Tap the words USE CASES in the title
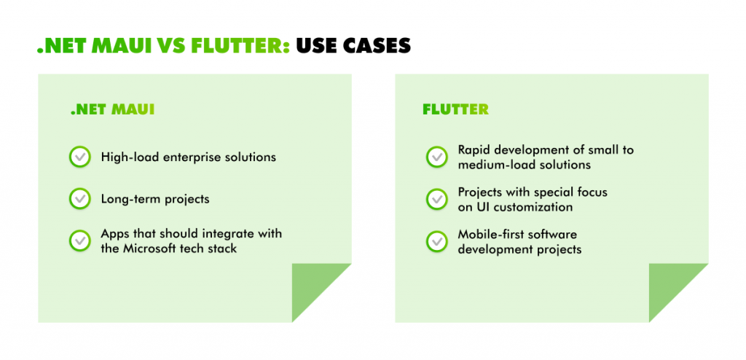[x=355, y=47]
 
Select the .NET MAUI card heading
[x=112, y=110]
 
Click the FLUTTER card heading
[x=455, y=110]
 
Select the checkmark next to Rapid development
[x=436, y=157]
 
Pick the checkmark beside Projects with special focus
[x=436, y=199]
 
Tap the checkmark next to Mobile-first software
[x=436, y=241]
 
